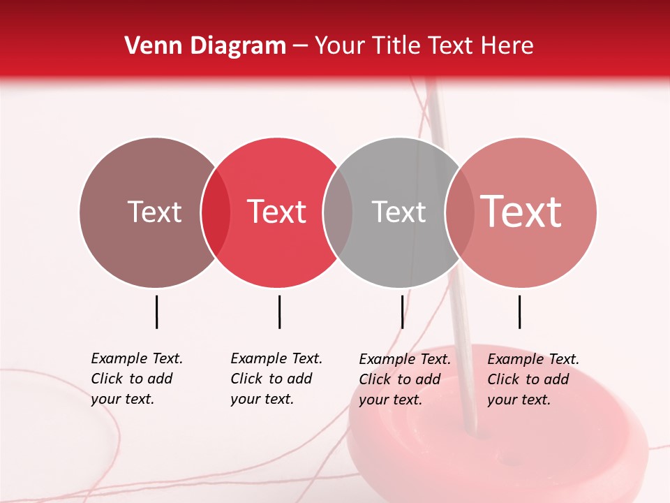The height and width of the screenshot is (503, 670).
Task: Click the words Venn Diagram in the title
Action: (205, 46)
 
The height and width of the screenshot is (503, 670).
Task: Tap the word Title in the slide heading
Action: (395, 46)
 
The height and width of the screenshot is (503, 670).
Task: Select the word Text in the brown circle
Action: (154, 212)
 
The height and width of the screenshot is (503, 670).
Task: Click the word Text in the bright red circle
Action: (276, 212)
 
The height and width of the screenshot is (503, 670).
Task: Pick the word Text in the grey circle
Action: (399, 212)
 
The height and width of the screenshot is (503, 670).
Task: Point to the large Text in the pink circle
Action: (521, 211)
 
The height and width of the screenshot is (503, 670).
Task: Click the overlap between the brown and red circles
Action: (216, 212)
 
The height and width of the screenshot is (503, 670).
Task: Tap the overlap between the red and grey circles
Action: (338, 212)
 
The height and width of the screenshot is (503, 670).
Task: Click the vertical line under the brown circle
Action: (157, 312)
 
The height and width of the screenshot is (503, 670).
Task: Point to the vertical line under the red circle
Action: (279, 312)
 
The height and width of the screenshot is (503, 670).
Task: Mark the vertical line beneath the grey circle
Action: (402, 312)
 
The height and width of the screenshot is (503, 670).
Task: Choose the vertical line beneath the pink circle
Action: (520, 312)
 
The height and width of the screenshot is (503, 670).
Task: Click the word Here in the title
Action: (508, 46)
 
